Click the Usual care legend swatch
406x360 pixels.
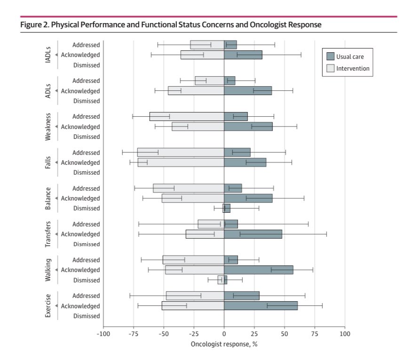(x=330, y=57)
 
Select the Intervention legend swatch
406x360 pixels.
(x=330, y=69)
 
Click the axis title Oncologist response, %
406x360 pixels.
(x=224, y=344)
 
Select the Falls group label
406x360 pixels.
(x=48, y=162)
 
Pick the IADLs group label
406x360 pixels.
(x=48, y=55)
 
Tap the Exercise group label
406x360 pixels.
(x=48, y=306)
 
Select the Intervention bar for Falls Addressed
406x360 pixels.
(x=180, y=152)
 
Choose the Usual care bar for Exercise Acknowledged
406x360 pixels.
(x=261, y=306)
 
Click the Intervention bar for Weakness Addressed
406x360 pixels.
(x=186, y=117)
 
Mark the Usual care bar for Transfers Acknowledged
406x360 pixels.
(x=253, y=234)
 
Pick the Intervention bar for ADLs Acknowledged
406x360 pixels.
(x=196, y=91)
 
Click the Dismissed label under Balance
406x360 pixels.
(x=86, y=208)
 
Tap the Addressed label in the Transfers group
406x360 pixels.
(x=86, y=224)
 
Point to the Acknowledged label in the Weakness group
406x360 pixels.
(x=80, y=127)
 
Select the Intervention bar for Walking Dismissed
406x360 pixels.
(x=221, y=280)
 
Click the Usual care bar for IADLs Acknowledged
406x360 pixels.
(x=243, y=55)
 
